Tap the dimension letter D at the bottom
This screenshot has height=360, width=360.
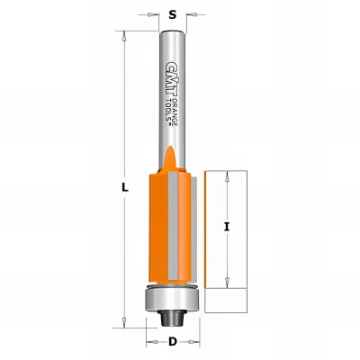(x=172, y=342)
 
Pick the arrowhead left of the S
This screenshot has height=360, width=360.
(x=156, y=16)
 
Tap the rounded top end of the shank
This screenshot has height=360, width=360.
(x=172, y=32)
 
